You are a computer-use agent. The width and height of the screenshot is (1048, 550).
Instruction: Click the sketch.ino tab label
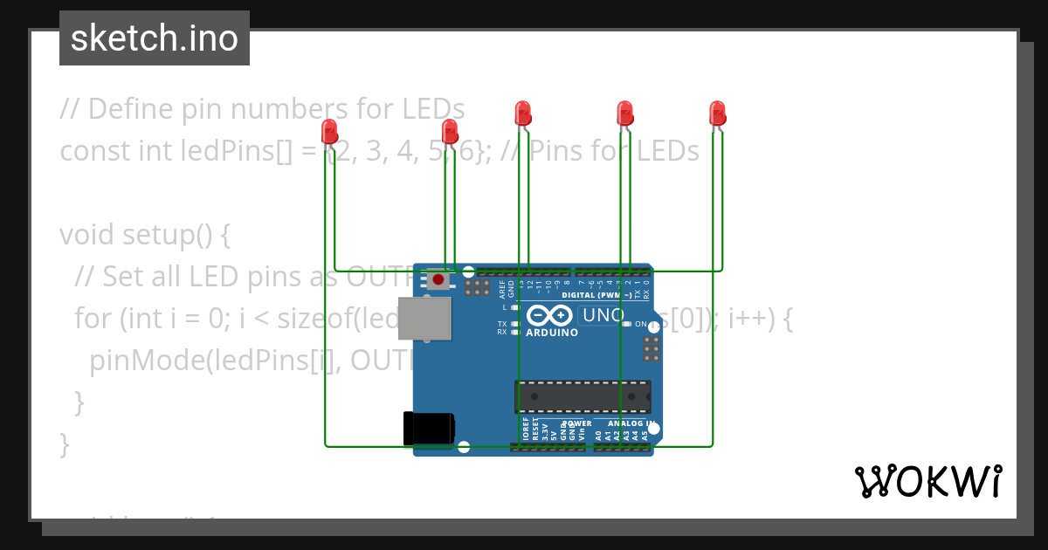coord(155,38)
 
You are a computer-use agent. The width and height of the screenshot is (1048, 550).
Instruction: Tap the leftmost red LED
coord(329,132)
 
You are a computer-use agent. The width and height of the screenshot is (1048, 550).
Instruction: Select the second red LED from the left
coord(450,132)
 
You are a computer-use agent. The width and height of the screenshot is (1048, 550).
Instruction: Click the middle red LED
coord(522,113)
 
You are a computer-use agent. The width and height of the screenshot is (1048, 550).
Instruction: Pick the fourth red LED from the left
coord(624,113)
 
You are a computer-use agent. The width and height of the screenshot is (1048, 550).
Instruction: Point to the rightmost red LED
coord(717,113)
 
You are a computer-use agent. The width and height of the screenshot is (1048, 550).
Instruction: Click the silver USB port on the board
coord(425,318)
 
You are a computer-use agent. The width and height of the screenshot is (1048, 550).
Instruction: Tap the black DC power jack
coord(429,428)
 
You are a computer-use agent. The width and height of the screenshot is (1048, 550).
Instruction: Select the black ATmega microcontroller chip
coord(583,396)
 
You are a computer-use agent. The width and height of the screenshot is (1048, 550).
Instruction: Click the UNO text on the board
coord(603,315)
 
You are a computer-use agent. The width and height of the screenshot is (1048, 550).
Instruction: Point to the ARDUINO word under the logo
coord(552,333)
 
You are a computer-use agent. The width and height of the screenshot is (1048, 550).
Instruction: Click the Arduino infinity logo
coord(550,315)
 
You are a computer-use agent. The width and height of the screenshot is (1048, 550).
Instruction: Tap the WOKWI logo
coord(927,481)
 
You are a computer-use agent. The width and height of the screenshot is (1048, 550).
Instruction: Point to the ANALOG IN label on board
coord(626,423)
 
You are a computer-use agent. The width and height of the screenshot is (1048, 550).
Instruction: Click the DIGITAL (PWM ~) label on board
coord(597,295)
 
